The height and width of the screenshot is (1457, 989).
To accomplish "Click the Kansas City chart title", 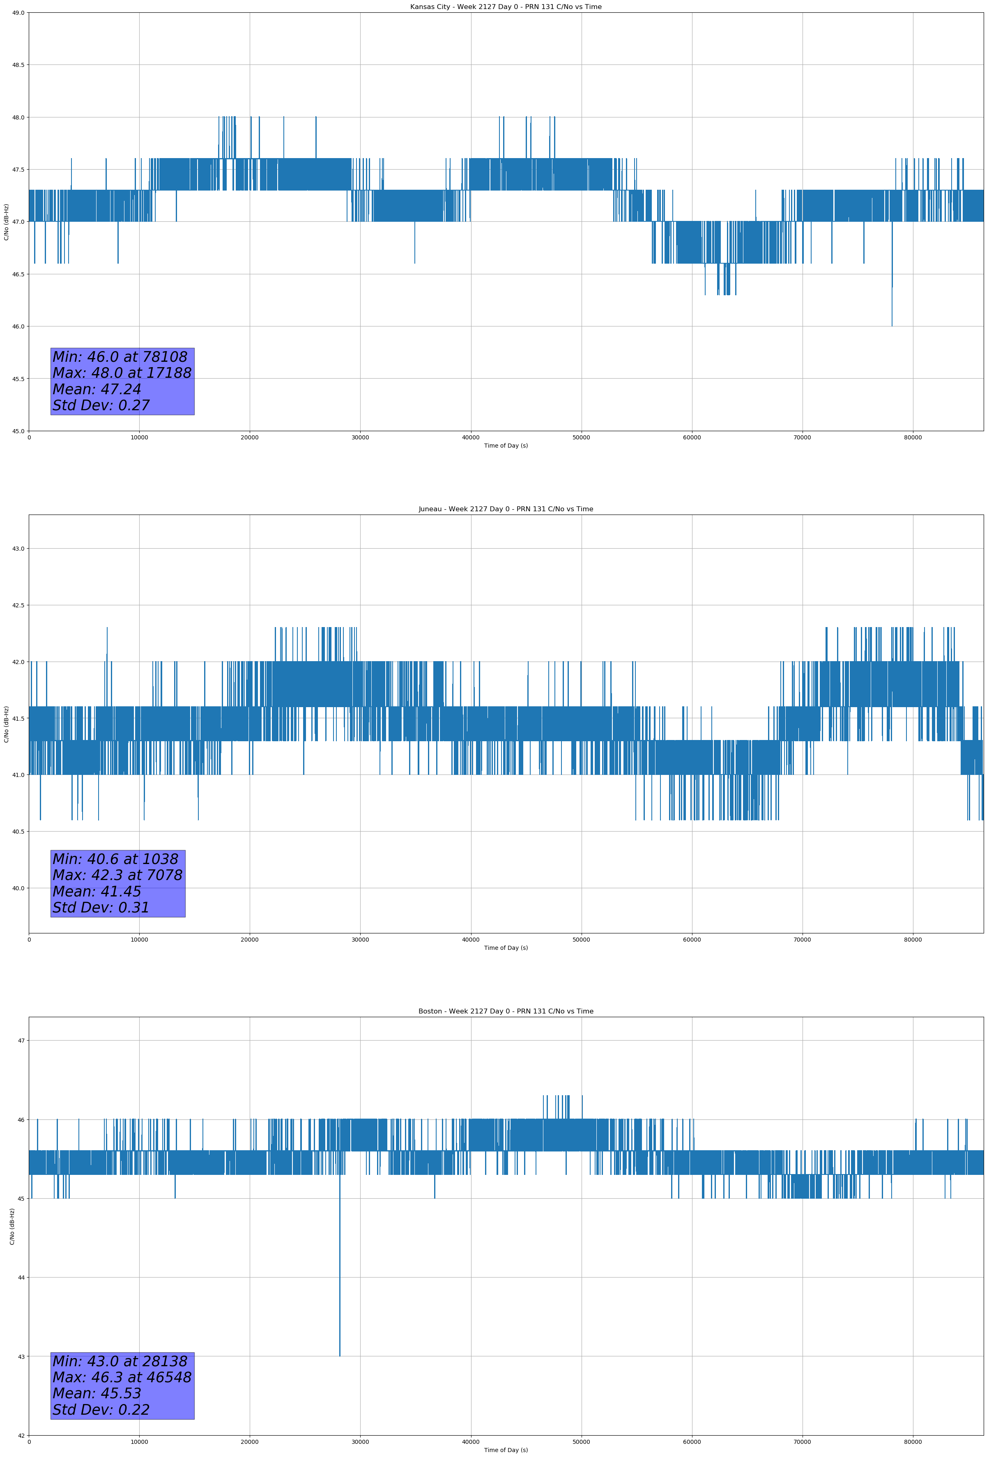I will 506,7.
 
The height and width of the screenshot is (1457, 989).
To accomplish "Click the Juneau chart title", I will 506,509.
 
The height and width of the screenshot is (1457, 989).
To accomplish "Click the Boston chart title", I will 506,1011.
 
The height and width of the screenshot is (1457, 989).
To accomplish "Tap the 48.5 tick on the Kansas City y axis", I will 19,65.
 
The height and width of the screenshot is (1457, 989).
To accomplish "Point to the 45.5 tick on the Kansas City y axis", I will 19,379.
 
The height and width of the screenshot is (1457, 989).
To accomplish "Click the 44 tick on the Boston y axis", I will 21,1278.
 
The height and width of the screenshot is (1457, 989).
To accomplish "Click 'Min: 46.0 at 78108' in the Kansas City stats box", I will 120,357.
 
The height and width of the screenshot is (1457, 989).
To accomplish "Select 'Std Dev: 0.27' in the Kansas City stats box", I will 101,406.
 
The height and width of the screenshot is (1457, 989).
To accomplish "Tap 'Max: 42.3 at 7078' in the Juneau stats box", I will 117,875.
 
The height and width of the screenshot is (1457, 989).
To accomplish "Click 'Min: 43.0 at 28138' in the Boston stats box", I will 120,1362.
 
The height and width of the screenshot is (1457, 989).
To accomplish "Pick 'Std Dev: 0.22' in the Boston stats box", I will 101,1410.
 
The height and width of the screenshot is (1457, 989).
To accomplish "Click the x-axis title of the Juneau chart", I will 506,948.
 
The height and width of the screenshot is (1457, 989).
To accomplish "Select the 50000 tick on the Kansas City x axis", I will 581,438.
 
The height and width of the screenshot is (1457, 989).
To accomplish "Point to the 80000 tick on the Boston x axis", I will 913,1442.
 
